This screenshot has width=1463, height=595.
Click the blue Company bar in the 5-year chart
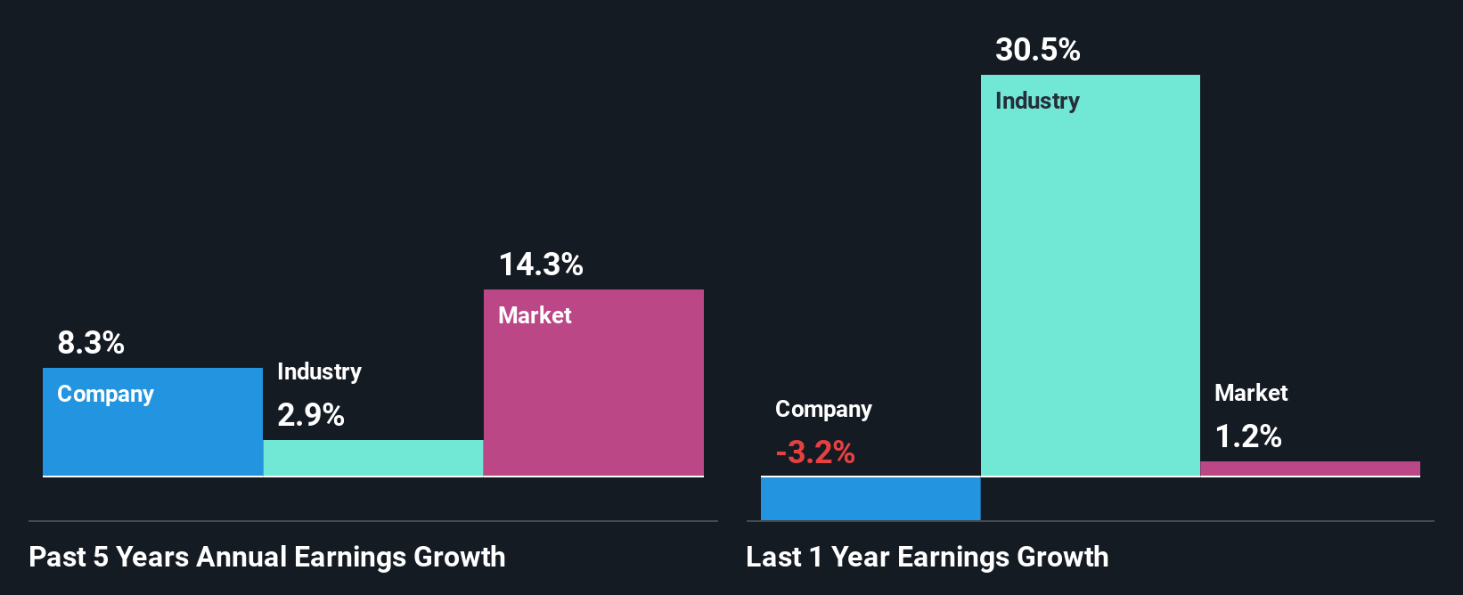(152, 436)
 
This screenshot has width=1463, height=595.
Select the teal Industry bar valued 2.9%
(373, 458)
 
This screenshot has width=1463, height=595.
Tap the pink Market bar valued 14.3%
(593, 392)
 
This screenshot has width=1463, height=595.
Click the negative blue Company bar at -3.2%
(870, 498)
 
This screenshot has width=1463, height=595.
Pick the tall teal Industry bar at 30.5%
(1090, 285)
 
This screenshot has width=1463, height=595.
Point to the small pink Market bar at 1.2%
(1310, 469)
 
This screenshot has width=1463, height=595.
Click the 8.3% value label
(91, 343)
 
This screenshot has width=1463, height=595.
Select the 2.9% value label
(311, 415)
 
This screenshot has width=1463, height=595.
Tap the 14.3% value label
(541, 265)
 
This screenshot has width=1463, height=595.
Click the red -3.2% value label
(815, 452)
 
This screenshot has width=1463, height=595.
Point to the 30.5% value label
(1038, 50)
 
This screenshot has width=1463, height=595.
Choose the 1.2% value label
(1248, 436)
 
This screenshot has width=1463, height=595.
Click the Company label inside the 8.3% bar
(105, 394)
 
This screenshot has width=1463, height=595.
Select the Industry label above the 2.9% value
(319, 371)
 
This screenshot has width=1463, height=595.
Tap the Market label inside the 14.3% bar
(535, 315)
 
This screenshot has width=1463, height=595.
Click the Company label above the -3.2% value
(823, 409)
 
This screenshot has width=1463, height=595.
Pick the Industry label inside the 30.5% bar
(1037, 101)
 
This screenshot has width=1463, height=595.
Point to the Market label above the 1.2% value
(1251, 393)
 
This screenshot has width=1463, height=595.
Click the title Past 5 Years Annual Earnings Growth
(267, 557)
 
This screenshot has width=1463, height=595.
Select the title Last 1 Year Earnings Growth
(928, 557)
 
